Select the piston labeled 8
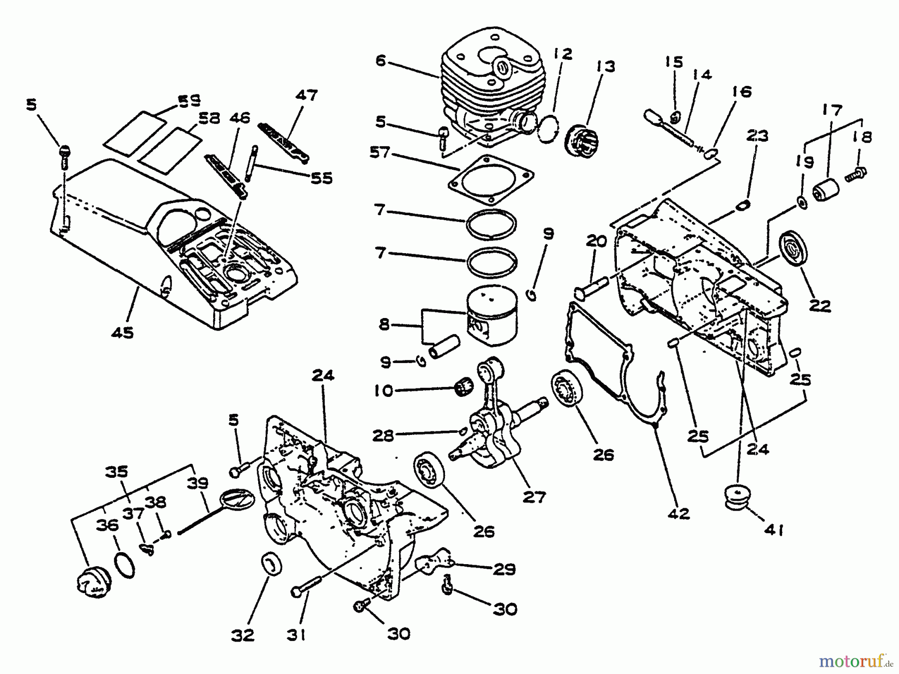(492, 318)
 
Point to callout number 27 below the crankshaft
(533, 496)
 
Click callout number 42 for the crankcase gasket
(678, 513)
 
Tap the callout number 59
(189, 101)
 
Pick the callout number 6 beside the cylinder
(381, 61)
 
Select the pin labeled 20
(592, 286)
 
